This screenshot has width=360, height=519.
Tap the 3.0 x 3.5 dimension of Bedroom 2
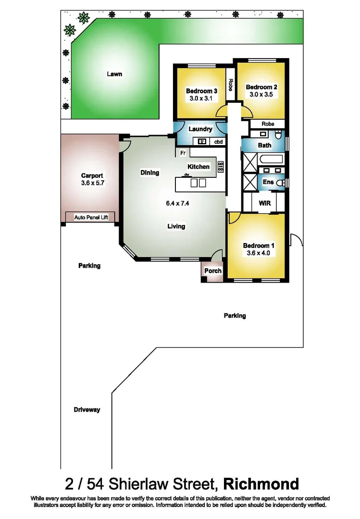tap(261, 95)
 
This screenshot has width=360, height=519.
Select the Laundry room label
tap(200, 129)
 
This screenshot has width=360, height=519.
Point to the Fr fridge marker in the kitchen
tap(183, 153)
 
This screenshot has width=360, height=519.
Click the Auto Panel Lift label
tap(91, 217)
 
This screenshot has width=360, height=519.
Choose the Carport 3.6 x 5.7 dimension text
tap(92, 183)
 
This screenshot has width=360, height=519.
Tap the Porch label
tap(213, 271)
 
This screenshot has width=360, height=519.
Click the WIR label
tap(265, 203)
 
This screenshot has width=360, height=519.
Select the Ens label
tap(268, 182)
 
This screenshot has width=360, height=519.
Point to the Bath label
tap(264, 145)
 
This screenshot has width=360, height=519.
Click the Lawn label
tap(114, 74)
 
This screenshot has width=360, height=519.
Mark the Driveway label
tap(87, 410)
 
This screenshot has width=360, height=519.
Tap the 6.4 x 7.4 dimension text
tap(176, 203)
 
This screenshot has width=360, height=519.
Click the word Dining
tap(149, 173)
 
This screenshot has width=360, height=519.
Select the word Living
tap(176, 226)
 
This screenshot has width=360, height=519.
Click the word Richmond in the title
tap(261, 483)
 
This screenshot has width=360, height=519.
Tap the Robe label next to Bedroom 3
tap(231, 85)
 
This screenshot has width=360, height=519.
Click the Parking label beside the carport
tap(89, 266)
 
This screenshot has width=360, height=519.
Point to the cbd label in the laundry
tap(218, 142)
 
